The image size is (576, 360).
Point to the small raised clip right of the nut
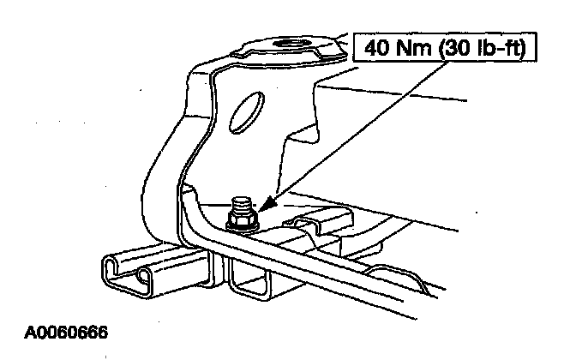point(311,225)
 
